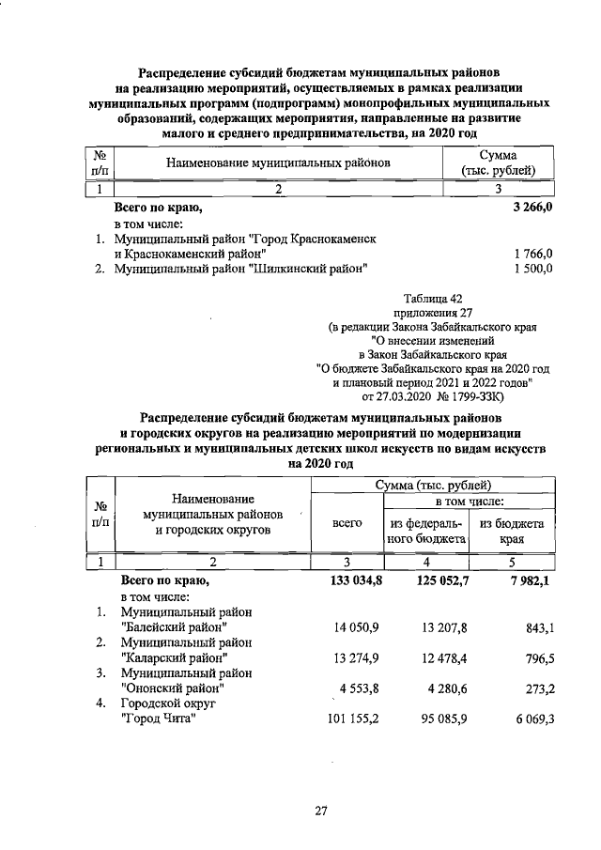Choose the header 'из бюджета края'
[x=511, y=531]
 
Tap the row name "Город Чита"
[x=158, y=719]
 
